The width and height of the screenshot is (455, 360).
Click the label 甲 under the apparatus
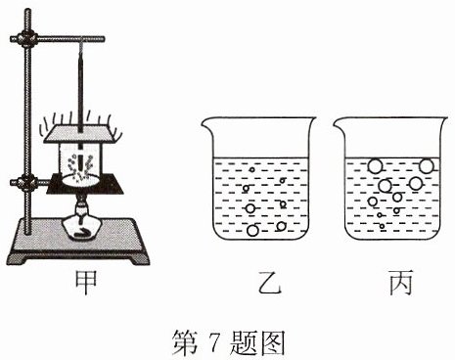click(x=86, y=282)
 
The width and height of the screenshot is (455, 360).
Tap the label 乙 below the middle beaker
click(x=269, y=282)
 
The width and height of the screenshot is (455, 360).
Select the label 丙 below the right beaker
click(x=401, y=282)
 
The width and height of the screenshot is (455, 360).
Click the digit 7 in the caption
click(x=215, y=342)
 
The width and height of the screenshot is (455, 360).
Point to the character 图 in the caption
click(x=273, y=342)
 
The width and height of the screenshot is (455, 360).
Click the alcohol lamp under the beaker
click(x=81, y=221)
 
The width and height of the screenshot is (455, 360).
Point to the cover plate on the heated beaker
click(x=79, y=134)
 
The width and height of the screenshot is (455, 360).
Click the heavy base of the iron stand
click(x=78, y=241)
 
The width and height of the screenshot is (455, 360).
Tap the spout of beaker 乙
click(x=205, y=123)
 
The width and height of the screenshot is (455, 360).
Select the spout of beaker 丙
click(x=339, y=123)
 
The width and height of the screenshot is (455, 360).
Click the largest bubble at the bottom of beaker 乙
click(x=252, y=230)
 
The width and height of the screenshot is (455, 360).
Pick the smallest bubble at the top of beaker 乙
click(x=251, y=169)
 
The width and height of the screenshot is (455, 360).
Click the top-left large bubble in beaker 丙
click(x=375, y=166)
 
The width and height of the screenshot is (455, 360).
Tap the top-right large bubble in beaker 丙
click(x=427, y=166)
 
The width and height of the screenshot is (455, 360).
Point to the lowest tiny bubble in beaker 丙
click(x=383, y=226)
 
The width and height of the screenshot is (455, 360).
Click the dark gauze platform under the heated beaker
click(x=85, y=184)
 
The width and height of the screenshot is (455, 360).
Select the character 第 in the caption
click(x=185, y=342)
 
